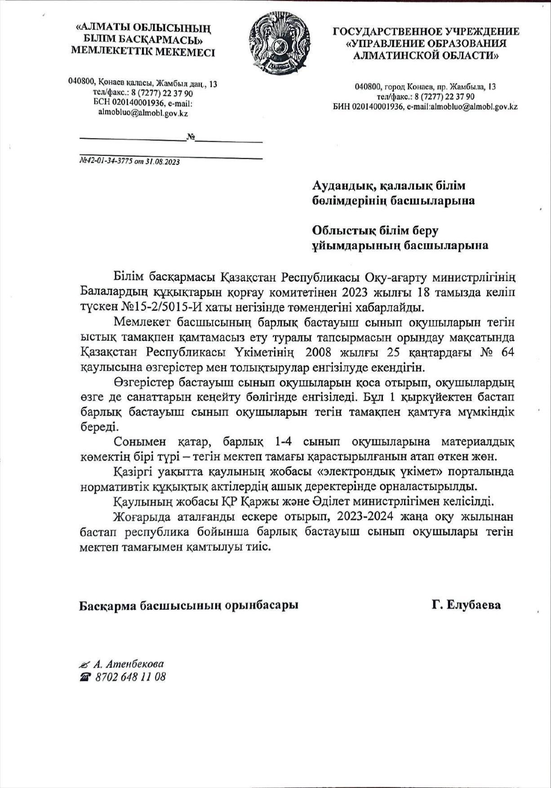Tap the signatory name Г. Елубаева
coord(466,605)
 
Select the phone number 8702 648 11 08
coord(130,677)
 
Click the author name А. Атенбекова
coord(129,664)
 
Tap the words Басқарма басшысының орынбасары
coord(189,605)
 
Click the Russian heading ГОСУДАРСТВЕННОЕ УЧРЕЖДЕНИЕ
coord(426,31)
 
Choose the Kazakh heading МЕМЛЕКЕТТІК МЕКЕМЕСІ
coord(143,52)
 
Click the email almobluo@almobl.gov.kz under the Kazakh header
coord(143,113)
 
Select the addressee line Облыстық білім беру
coord(375,230)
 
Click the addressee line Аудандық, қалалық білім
coord(389,185)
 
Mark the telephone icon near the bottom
coord(85,677)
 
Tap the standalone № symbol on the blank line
coord(190,136)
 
